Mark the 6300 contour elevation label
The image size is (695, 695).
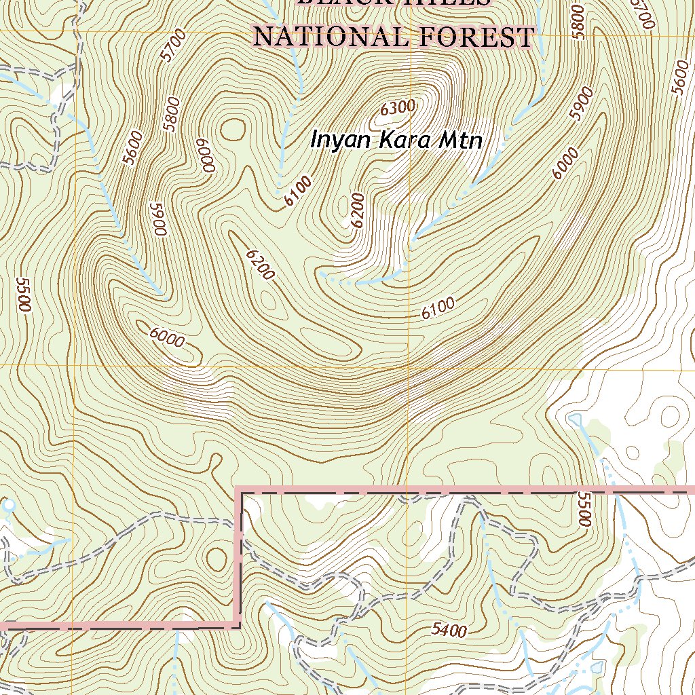(x=397, y=107)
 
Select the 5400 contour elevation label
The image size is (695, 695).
(x=449, y=631)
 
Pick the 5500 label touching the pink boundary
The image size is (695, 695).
(x=582, y=507)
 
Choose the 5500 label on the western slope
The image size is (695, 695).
(x=24, y=295)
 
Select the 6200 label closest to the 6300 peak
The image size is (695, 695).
(x=359, y=209)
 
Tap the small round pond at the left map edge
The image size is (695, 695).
(x=8, y=506)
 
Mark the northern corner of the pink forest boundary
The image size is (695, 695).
(x=239, y=490)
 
